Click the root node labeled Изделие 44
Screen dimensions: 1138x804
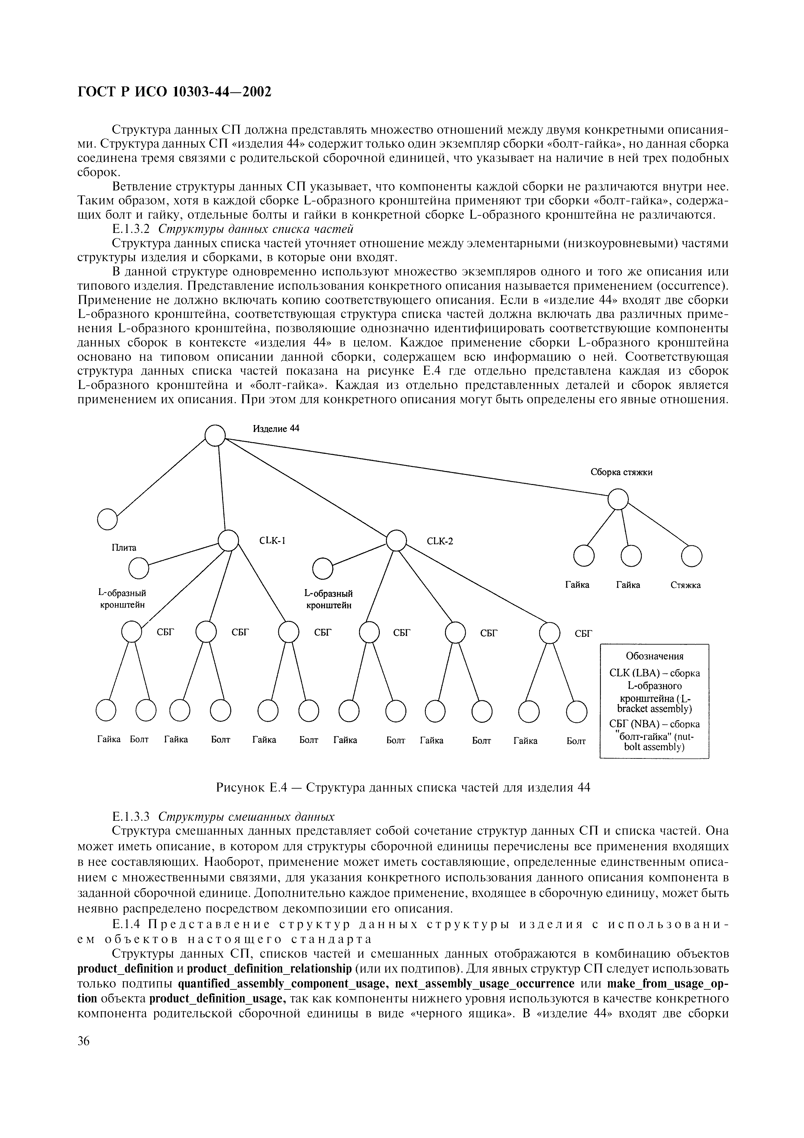215,436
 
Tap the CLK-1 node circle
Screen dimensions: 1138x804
228,540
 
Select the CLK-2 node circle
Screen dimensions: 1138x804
396,540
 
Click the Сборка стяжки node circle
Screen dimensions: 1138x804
618,499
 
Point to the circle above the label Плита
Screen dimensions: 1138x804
107,519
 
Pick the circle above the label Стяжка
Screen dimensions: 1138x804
691,556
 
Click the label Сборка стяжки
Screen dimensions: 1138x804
621,472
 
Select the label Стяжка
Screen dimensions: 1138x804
686,585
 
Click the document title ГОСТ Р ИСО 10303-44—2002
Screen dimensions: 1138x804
175,92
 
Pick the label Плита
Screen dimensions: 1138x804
124,548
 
